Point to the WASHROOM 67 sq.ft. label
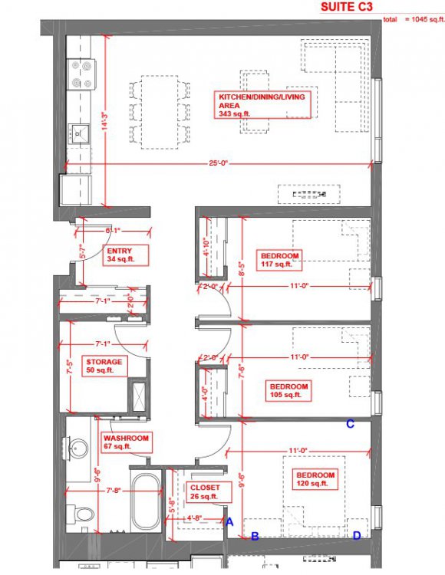click(126, 442)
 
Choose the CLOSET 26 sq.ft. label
click(204, 491)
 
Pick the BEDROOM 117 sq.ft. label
click(280, 260)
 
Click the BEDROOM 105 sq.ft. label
click(288, 390)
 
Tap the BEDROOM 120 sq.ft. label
click(315, 479)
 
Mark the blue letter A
click(228, 521)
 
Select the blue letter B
click(255, 536)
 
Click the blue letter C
click(350, 424)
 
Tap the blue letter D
click(356, 536)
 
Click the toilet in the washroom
click(80, 514)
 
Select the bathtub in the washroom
click(147, 501)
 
